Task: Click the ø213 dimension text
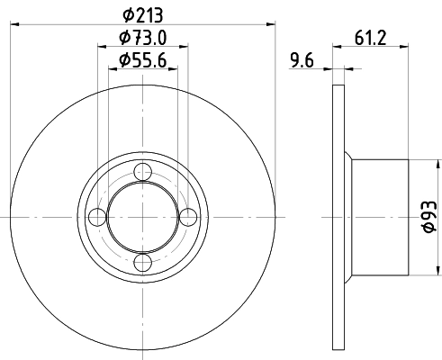142,14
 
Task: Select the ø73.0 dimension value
142,38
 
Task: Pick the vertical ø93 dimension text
429,217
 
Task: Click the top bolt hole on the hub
142,173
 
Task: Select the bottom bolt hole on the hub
142,262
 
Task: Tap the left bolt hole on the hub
97,217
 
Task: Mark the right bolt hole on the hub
186,217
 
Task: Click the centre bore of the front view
142,217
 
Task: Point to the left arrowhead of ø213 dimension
17,25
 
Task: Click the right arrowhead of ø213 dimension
267,25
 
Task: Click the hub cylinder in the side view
380,217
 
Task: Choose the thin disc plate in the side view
338,216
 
